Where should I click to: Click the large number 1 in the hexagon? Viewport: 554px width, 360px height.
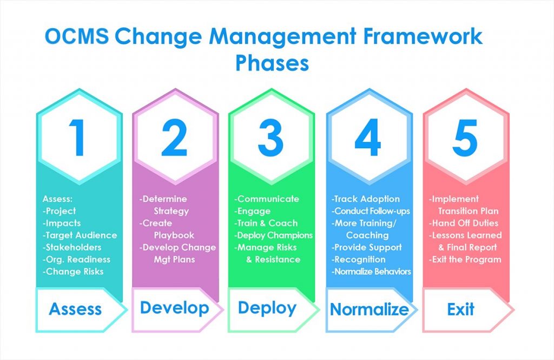pos(78,138)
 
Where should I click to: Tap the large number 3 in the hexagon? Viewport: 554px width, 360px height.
pos(271,138)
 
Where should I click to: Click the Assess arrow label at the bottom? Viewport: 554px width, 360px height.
pos(75,309)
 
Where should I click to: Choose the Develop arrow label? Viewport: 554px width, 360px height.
pos(174,308)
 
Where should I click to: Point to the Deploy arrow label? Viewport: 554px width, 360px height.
pos(267,308)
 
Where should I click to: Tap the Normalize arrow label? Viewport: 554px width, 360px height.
pos(369,309)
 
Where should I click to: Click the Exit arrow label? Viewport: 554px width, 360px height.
pos(460,309)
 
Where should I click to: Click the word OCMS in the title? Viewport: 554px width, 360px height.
pos(76,37)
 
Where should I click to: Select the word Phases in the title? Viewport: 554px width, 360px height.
pos(272,63)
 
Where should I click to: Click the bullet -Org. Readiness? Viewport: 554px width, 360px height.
pos(76,259)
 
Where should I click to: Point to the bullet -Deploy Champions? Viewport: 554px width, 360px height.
pos(273,235)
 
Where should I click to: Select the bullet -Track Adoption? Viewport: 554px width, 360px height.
pos(366,199)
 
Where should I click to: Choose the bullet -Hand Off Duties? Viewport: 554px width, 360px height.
pos(464,223)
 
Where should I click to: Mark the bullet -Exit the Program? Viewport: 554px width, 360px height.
pos(465,259)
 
